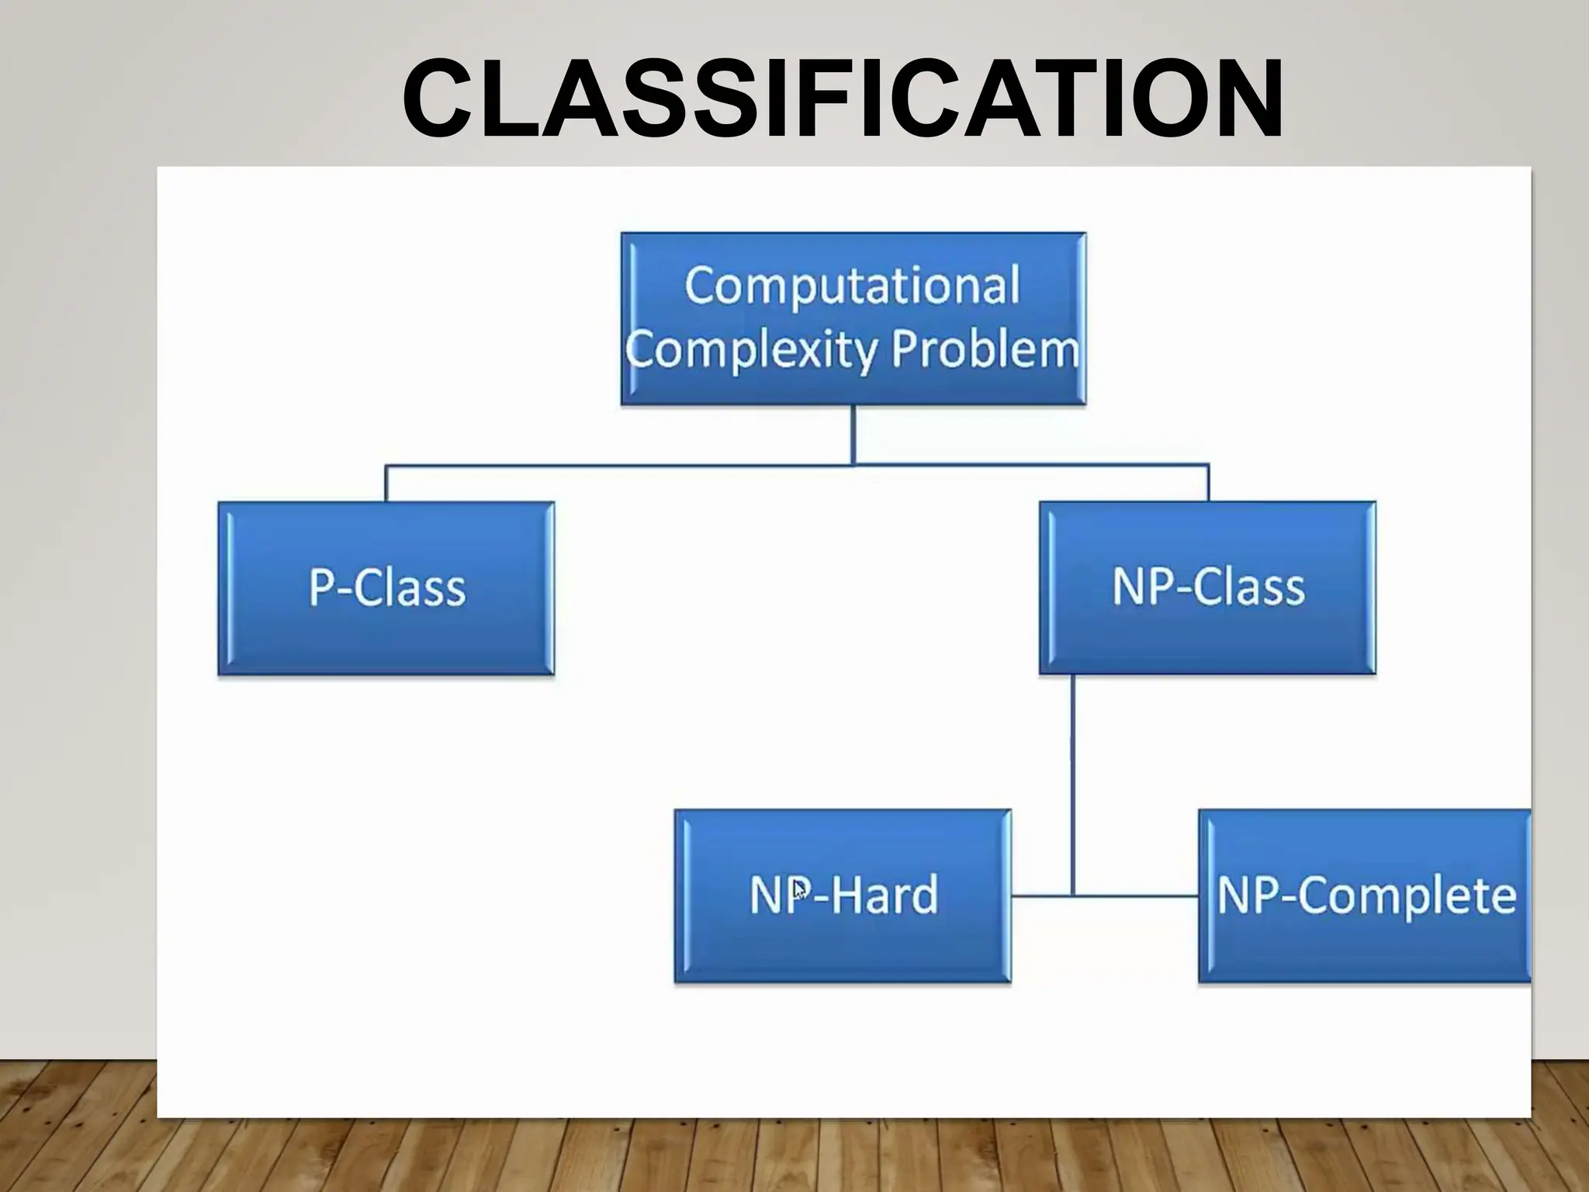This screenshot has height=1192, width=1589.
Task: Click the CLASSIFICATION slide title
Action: (842, 99)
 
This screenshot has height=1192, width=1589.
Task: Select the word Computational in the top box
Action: (852, 286)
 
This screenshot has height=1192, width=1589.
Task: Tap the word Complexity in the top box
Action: (751, 352)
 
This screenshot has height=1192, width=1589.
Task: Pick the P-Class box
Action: (386, 588)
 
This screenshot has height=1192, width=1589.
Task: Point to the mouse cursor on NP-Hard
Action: (799, 889)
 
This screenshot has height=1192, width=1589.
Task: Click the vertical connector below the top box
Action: (853, 435)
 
